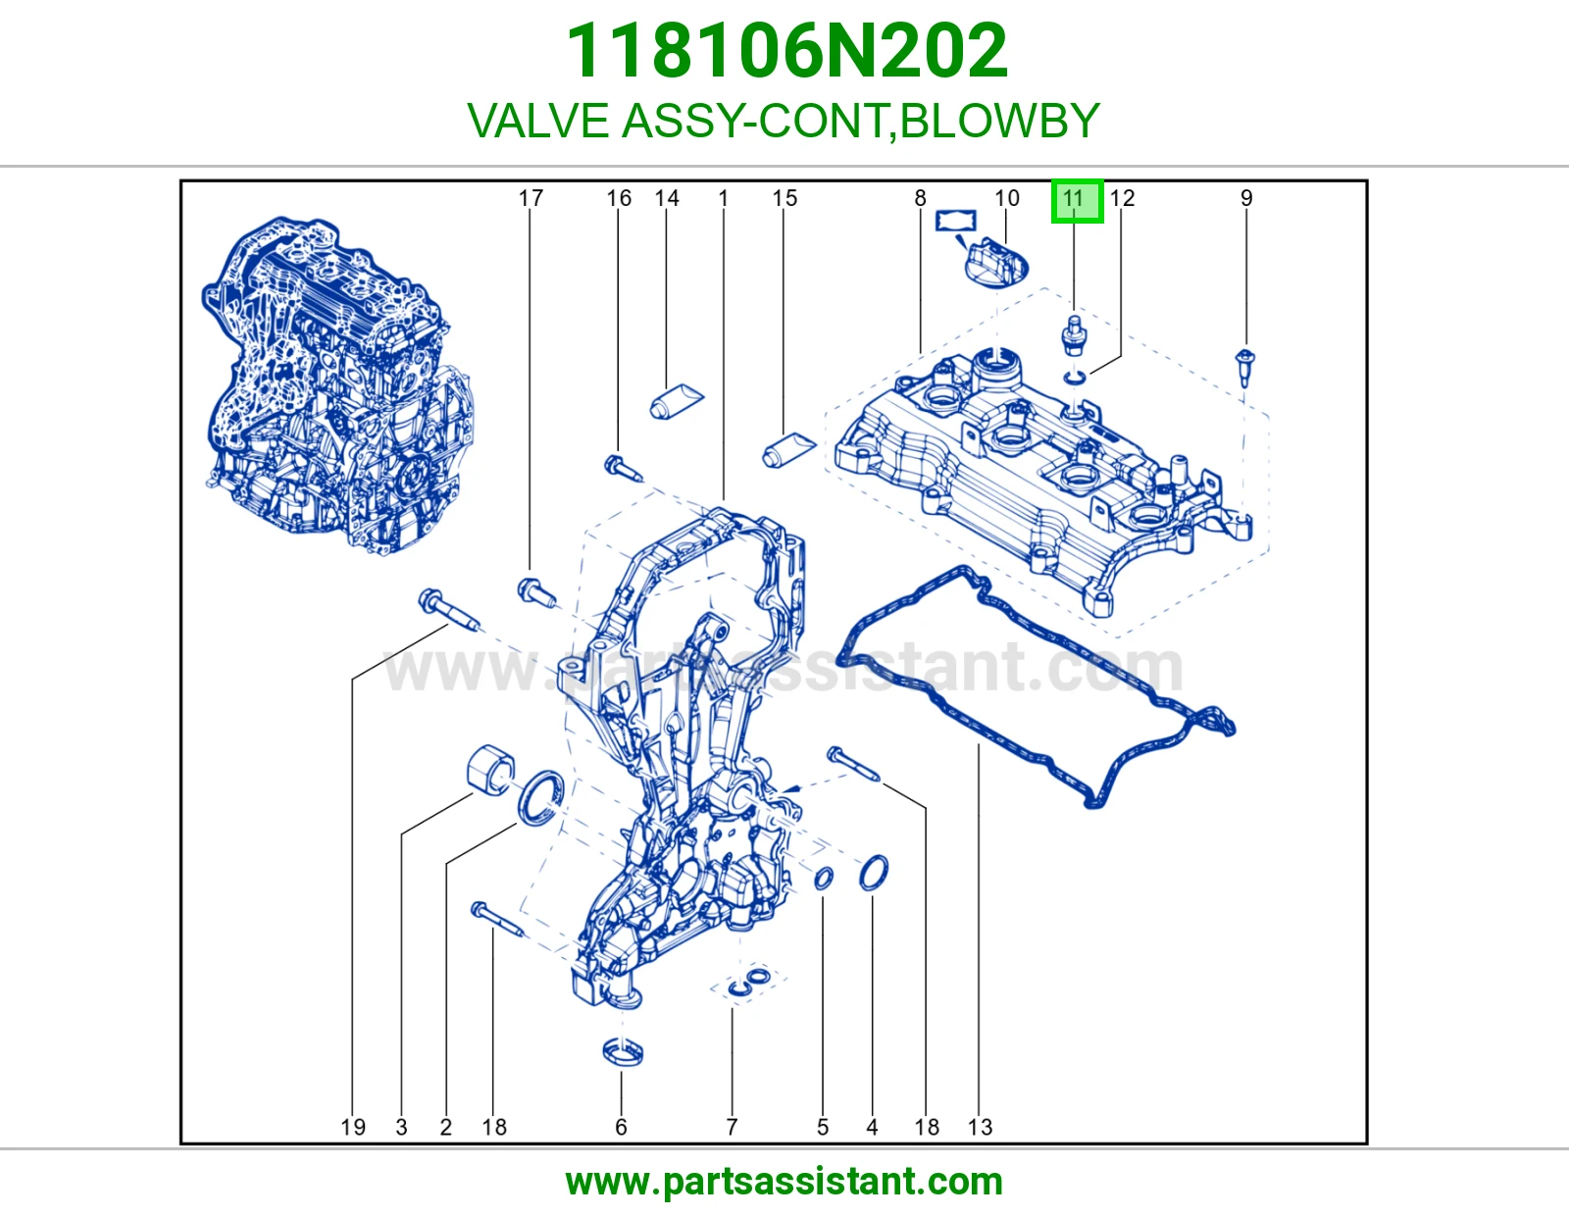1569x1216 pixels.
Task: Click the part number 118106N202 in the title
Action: coord(786,51)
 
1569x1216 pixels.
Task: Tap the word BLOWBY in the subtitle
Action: coord(1000,120)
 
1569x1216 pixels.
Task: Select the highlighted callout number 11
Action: coord(1077,200)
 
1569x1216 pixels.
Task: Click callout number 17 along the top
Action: coord(531,198)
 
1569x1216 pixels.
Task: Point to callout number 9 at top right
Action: coord(1246,198)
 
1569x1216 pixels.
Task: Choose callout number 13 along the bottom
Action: coord(980,1127)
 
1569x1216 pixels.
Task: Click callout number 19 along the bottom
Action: coord(353,1127)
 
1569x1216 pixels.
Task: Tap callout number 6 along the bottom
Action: coord(621,1127)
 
